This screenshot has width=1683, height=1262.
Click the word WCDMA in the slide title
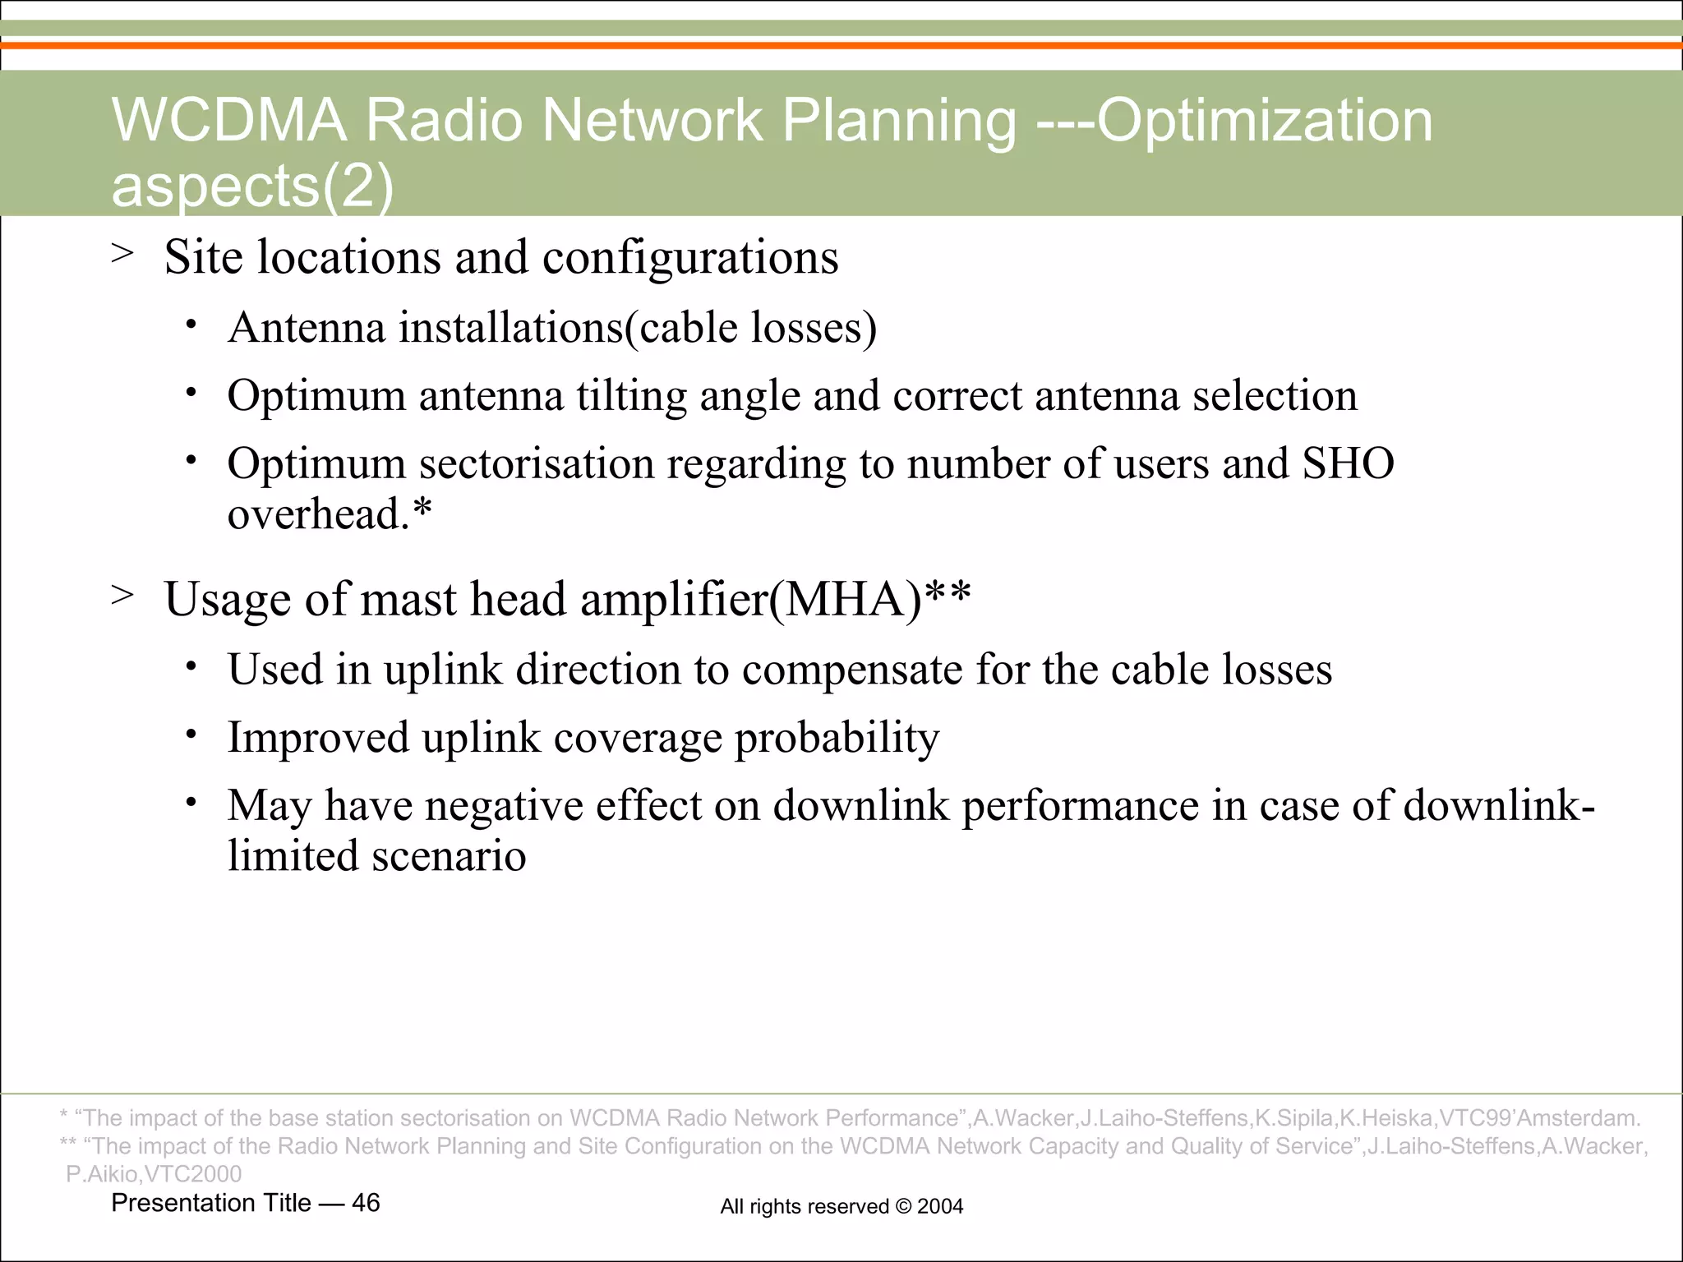tap(228, 121)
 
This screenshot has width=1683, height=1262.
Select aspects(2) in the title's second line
tap(252, 186)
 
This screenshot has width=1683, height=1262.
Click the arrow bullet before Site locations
tap(122, 254)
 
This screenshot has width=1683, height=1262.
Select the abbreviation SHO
tap(1348, 464)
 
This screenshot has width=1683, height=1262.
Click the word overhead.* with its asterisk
tap(330, 515)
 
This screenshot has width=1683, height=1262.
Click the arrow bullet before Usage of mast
tap(122, 596)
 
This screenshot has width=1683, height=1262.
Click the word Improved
tap(318, 738)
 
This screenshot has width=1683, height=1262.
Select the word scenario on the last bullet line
tap(449, 857)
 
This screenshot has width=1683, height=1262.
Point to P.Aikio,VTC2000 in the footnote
tap(154, 1174)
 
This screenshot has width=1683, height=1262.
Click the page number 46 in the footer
tap(366, 1203)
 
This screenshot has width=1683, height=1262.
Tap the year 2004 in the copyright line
tap(940, 1206)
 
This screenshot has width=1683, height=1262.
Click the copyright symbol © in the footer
tap(902, 1206)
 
